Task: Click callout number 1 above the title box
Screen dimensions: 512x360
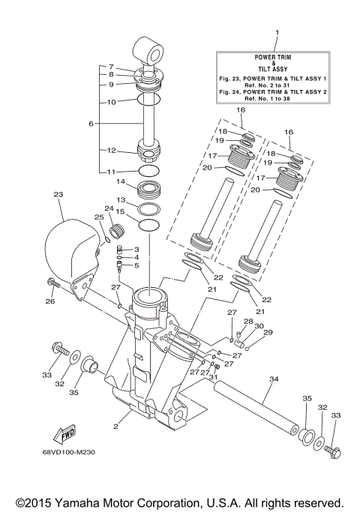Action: pyautogui.click(x=277, y=33)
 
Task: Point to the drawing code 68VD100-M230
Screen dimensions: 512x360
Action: pyautogui.click(x=70, y=452)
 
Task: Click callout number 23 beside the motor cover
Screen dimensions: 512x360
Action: pyautogui.click(x=59, y=195)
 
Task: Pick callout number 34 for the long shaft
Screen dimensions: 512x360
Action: pyautogui.click(x=273, y=379)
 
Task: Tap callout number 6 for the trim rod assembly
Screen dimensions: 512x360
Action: pyautogui.click(x=91, y=123)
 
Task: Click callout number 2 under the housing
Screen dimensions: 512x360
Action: pyautogui.click(x=116, y=427)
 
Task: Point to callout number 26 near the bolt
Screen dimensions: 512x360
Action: pyautogui.click(x=50, y=302)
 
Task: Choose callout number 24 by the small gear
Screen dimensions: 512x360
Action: pyautogui.click(x=109, y=208)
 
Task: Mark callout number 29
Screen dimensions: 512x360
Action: pyautogui.click(x=268, y=332)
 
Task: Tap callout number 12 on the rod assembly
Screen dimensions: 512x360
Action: pyautogui.click(x=111, y=150)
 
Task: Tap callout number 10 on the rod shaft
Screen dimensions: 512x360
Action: pyautogui.click(x=111, y=101)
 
